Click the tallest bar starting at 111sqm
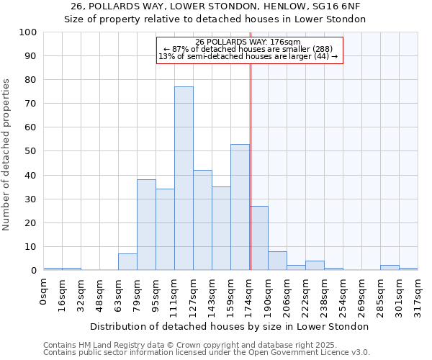pos(184,179)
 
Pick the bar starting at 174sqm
pos(258,238)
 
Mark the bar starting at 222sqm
pos(315,266)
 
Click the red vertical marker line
pos(251,144)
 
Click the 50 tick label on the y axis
pos(31,151)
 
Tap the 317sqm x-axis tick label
pos(418,296)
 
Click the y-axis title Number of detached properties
pos(7,155)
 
